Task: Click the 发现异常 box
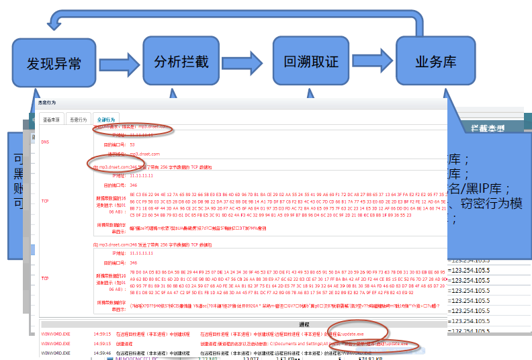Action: click(54, 63)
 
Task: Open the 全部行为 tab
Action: click(105, 119)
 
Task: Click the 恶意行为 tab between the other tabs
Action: click(79, 119)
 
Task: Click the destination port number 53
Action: click(132, 144)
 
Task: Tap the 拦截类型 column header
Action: click(487, 126)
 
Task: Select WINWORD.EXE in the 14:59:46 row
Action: click(55, 351)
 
